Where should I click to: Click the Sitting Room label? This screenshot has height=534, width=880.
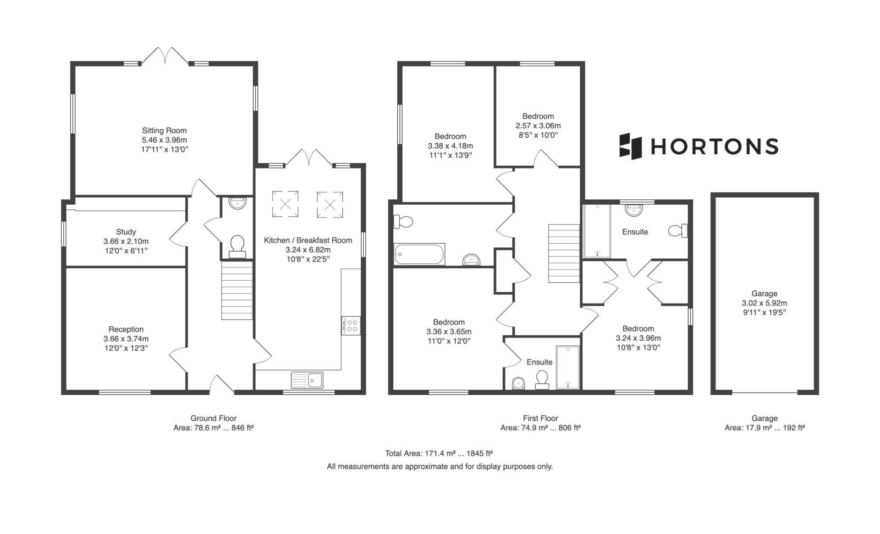tap(164, 131)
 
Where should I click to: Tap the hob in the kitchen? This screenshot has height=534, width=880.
tap(351, 326)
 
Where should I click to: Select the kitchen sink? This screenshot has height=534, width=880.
tap(307, 380)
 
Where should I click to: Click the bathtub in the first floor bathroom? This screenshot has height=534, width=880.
tap(419, 254)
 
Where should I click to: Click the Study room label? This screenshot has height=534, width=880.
tap(126, 232)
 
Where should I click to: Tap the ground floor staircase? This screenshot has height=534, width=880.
tap(237, 290)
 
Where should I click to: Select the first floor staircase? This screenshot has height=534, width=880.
tap(564, 253)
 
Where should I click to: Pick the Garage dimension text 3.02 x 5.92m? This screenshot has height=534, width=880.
tap(764, 303)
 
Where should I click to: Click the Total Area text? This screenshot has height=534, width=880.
tap(439, 454)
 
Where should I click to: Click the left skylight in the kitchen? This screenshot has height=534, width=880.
tap(285, 204)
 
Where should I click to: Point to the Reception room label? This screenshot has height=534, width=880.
tap(126, 329)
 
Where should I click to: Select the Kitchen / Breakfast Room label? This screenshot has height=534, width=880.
tap(308, 240)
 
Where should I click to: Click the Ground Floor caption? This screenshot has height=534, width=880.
tap(214, 418)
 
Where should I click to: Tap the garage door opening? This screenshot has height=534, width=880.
tap(764, 392)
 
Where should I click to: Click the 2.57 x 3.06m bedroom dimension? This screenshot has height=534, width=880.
tap(538, 125)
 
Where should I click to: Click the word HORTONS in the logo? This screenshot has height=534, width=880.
tap(715, 147)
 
